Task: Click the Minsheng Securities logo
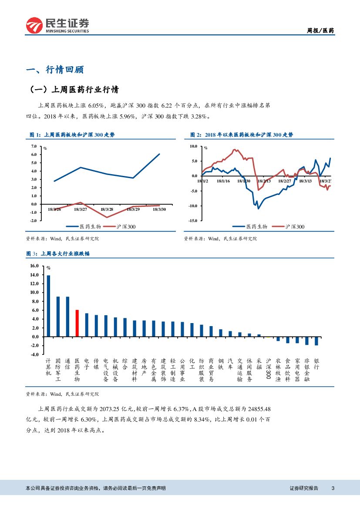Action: pyautogui.click(x=57, y=26)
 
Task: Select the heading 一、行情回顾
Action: pyautogui.click(x=55, y=70)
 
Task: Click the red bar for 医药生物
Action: pyautogui.click(x=77, y=323)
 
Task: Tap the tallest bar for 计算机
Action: pyautogui.click(x=48, y=306)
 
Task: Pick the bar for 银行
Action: pyautogui.click(x=316, y=341)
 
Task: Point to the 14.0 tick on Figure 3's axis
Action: pyautogui.click(x=34, y=275)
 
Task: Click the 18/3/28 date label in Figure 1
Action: pyautogui.click(x=107, y=209)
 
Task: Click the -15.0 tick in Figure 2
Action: pyautogui.click(x=192, y=221)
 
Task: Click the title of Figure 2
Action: pyautogui.click(x=242, y=135)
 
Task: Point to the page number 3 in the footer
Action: pyautogui.click(x=333, y=488)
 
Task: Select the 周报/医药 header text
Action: pyautogui.click(x=321, y=30)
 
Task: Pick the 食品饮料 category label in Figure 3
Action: pyautogui.click(x=288, y=370)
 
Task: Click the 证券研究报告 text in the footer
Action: pyautogui.click(x=304, y=488)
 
